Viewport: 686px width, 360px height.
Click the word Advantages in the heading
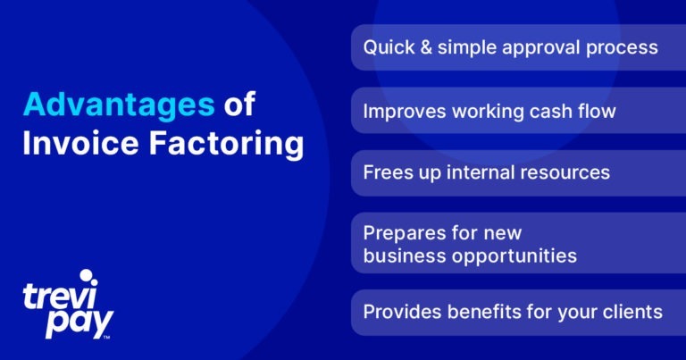[119, 105]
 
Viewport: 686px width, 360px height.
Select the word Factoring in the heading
[227, 144]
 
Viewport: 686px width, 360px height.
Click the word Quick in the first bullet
[389, 47]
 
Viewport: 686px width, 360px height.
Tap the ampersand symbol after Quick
[426, 47]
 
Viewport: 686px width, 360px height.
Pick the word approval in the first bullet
[540, 48]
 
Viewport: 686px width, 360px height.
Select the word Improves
[405, 112]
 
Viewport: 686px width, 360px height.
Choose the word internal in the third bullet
[480, 172]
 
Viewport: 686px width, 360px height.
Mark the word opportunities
[514, 256]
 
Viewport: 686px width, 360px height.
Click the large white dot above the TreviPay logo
[86, 275]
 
